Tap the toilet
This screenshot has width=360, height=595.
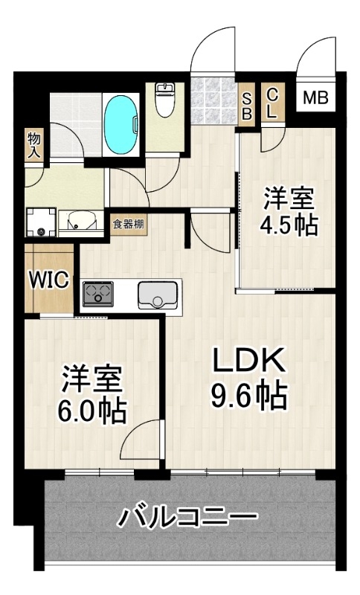click(164, 100)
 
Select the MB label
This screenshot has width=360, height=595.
click(315, 98)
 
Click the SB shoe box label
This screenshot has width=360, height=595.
click(247, 106)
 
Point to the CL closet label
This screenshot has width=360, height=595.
click(272, 103)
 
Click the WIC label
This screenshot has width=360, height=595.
click(49, 280)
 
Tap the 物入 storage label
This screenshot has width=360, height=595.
click(34, 146)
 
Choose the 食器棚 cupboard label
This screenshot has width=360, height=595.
click(128, 224)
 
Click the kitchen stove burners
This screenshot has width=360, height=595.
click(98, 294)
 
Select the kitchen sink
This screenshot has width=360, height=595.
click(158, 295)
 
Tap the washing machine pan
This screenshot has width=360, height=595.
click(41, 222)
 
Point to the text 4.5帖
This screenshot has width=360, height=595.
click(289, 225)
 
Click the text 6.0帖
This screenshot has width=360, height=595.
click(91, 411)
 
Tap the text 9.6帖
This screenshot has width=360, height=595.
click(248, 396)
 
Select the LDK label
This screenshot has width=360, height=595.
click(248, 361)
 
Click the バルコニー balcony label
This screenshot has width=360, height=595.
click(187, 517)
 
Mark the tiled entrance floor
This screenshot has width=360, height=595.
click(213, 101)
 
